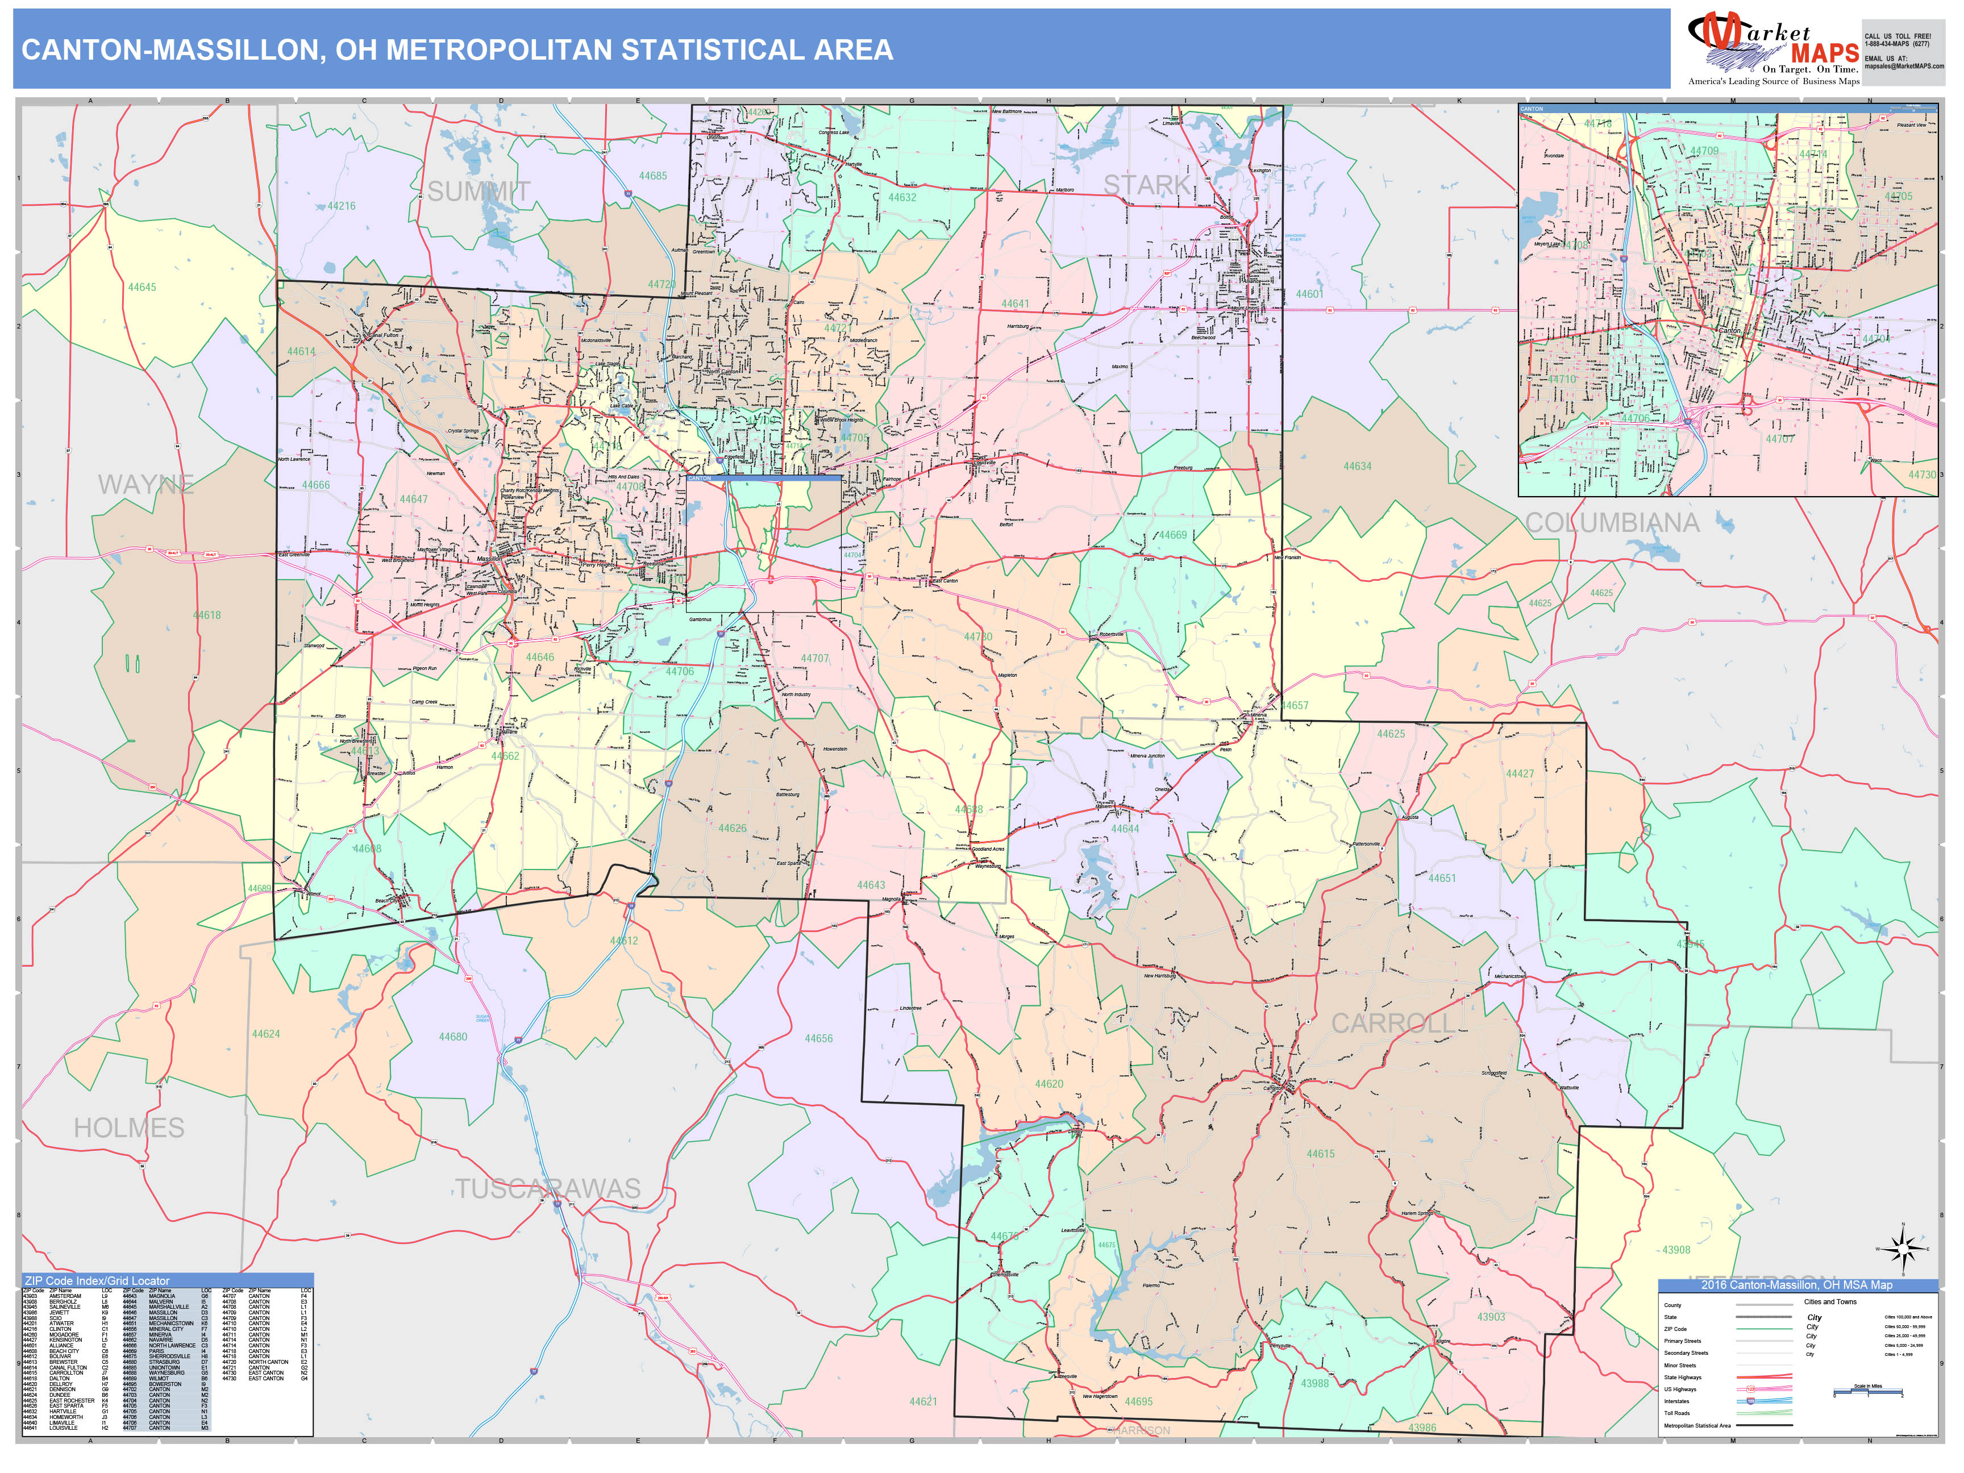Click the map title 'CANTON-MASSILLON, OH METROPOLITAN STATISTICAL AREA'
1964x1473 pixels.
tap(457, 49)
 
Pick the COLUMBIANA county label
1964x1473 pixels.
tap(1612, 523)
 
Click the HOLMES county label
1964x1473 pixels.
tap(129, 1127)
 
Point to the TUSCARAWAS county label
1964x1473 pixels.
tap(548, 1188)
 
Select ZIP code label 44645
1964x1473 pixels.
tap(142, 288)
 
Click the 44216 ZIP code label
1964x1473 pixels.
tap(341, 206)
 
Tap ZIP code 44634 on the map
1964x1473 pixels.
tap(1357, 466)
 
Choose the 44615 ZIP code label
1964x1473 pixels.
tap(1320, 1154)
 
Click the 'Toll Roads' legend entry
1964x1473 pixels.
tap(1677, 1413)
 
